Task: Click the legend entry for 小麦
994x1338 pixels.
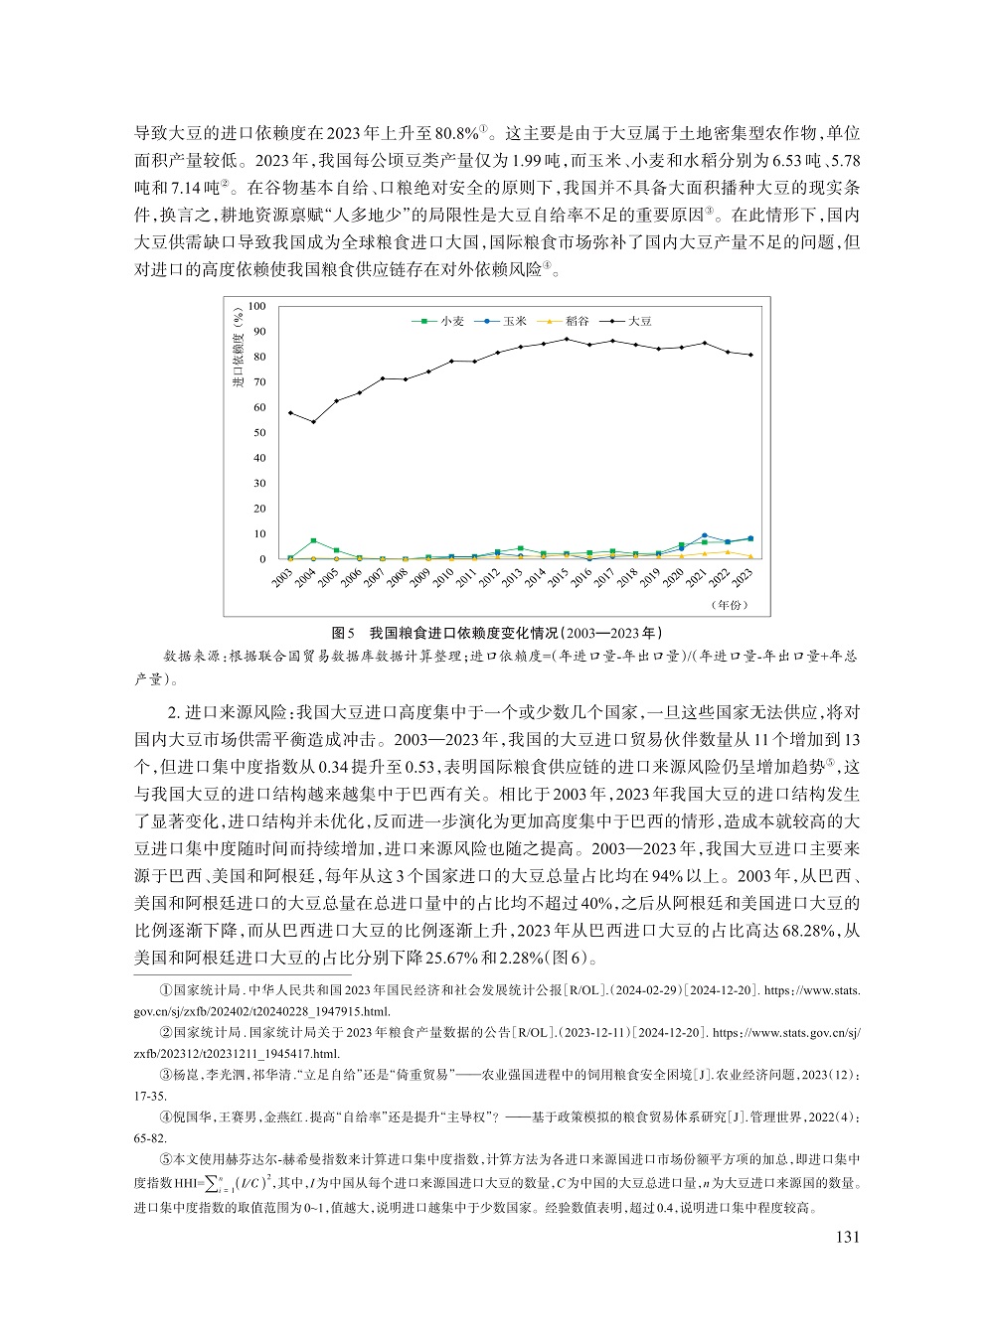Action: [x=443, y=321]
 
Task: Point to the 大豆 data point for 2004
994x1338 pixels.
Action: [x=313, y=422]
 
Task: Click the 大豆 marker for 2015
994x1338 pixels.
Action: [x=567, y=339]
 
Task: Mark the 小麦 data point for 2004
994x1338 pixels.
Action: [x=313, y=540]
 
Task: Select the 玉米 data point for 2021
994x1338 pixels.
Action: [x=705, y=535]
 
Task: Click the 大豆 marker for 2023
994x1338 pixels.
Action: [x=750, y=355]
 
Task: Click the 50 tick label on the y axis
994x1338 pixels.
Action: [x=259, y=432]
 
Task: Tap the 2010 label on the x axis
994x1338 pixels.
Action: [x=443, y=578]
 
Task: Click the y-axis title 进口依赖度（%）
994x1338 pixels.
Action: [x=238, y=350]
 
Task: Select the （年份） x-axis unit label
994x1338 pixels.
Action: [x=730, y=605]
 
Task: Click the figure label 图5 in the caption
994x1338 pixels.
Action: [x=344, y=633]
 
